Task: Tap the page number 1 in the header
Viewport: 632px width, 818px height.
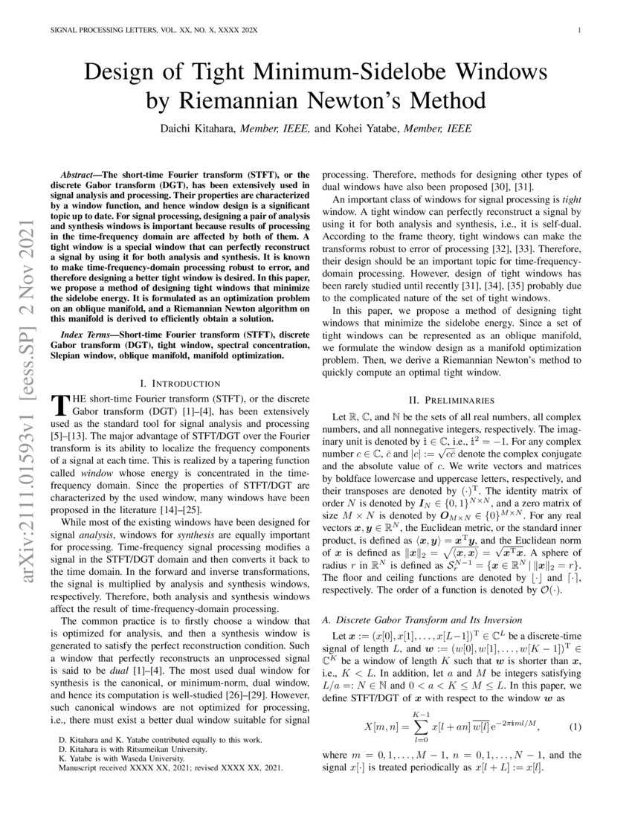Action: [578, 30]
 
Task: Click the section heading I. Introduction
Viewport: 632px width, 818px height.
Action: [179, 384]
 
